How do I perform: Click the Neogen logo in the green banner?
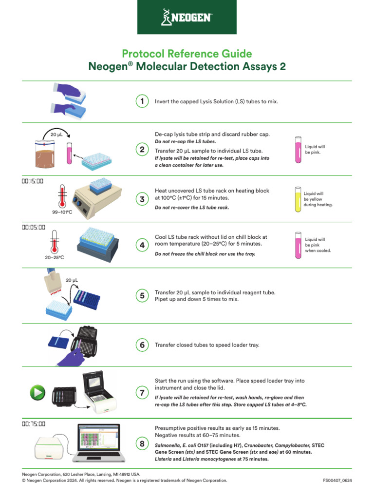coord(187,18)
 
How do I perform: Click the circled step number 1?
coord(142,101)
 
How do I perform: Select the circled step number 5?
coord(142,296)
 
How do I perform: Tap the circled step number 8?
coord(142,443)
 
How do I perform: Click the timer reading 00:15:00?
coord(33,181)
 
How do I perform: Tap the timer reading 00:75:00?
coord(33,423)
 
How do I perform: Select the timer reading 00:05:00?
coord(33,227)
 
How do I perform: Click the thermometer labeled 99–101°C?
coord(61,195)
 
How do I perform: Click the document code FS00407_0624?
coord(337,480)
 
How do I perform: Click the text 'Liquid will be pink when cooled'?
coord(318,245)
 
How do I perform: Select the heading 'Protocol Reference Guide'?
coord(187,54)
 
